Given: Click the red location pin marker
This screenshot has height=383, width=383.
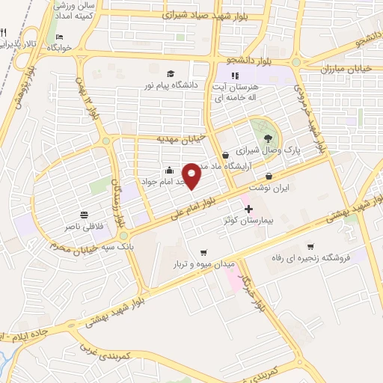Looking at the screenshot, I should tap(192, 176).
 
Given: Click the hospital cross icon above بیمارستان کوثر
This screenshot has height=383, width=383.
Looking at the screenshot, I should tap(249, 209).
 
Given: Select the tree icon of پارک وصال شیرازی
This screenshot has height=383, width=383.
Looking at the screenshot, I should tap(267, 138).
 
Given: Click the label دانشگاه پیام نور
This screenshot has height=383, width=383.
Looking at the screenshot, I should tap(171, 85).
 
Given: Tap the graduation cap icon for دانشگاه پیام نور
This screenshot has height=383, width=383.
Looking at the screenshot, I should tap(171, 73).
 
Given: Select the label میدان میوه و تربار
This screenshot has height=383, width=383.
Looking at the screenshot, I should tap(204, 264).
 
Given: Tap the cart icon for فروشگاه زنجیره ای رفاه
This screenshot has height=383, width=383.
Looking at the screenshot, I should tap(310, 246).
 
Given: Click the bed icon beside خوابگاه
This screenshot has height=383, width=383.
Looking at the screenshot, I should tap(60, 36).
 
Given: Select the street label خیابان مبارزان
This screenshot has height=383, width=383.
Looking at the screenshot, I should tap(325, 70).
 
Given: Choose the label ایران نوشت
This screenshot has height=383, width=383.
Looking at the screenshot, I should tap(269, 188).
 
